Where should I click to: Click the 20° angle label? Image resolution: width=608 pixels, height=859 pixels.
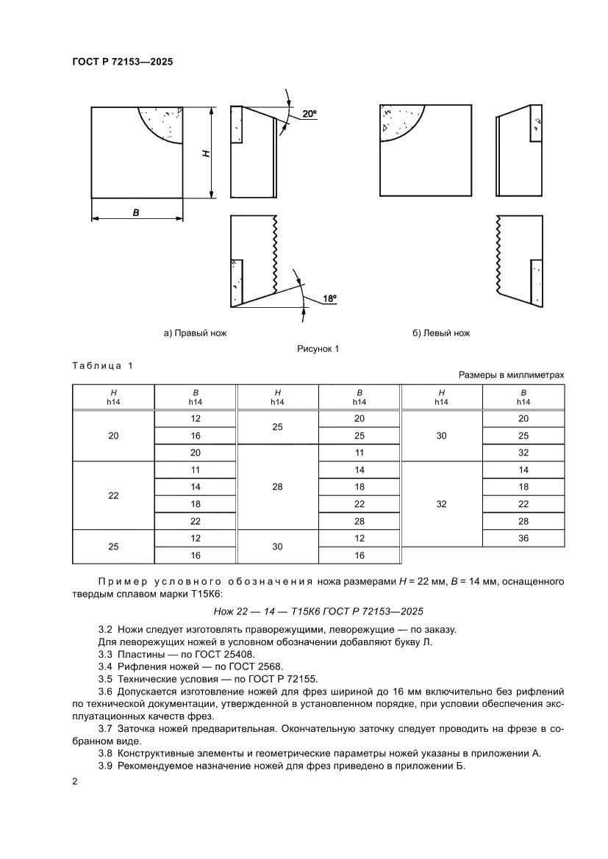coord(309,114)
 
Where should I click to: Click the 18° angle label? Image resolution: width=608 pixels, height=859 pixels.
coord(329,299)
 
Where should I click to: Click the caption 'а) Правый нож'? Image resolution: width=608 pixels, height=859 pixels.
coord(195,333)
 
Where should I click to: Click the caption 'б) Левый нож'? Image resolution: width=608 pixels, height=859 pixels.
coord(441,333)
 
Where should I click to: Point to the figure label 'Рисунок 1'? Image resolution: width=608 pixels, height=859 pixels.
coord(318,349)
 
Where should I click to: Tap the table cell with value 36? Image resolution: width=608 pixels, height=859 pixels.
coord(523,539)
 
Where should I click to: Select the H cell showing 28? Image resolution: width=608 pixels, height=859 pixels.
coord(277,487)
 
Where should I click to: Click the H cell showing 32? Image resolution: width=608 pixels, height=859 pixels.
coord(441,505)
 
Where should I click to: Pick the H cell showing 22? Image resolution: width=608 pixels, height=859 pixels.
coord(113,496)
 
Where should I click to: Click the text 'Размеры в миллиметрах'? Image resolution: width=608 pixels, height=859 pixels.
coord(512,375)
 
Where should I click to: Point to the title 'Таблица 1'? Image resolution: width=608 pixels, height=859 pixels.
coord(103,365)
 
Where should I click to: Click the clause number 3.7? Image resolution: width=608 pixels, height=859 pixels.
coord(104,728)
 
